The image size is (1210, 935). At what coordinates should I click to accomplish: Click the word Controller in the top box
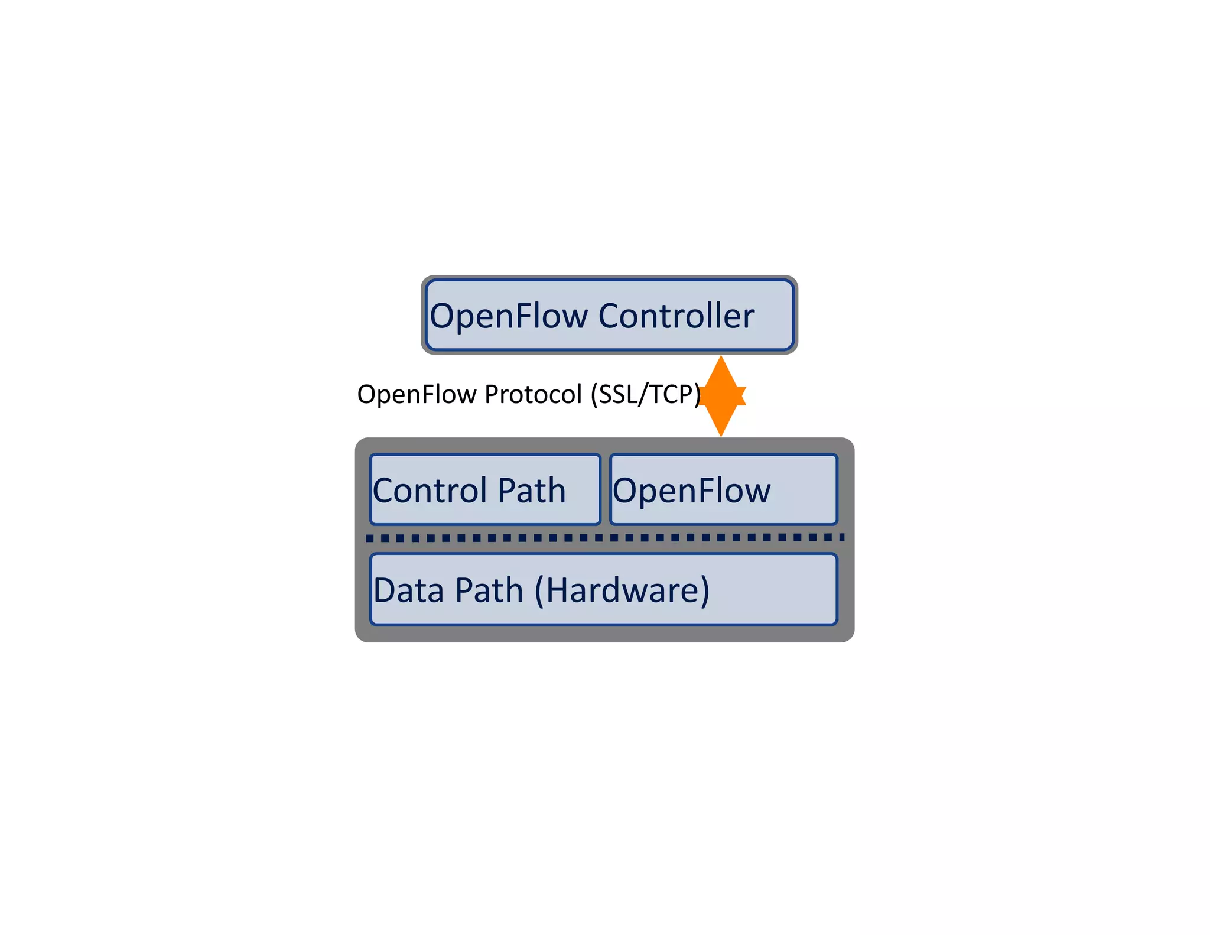coord(676,316)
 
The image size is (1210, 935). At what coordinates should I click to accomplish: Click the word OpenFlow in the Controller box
coord(509,316)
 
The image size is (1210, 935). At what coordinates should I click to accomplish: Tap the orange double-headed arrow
coord(721,396)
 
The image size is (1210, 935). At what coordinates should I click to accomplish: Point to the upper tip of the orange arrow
coord(721,358)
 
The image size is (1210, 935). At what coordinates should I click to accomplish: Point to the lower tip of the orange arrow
coord(721,434)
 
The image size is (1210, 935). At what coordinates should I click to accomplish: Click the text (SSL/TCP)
coord(646,395)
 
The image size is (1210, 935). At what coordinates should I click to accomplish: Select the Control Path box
coord(485,489)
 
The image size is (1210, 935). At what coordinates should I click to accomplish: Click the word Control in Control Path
coord(430,491)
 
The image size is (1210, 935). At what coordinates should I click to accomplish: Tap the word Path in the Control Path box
coord(532,491)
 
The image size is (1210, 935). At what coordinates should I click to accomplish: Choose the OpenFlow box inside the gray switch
coord(723,489)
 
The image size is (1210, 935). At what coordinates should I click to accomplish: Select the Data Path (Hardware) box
coord(603,589)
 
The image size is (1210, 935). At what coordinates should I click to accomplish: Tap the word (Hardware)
coord(622,590)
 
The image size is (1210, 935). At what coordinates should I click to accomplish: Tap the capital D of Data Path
coord(386,590)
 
